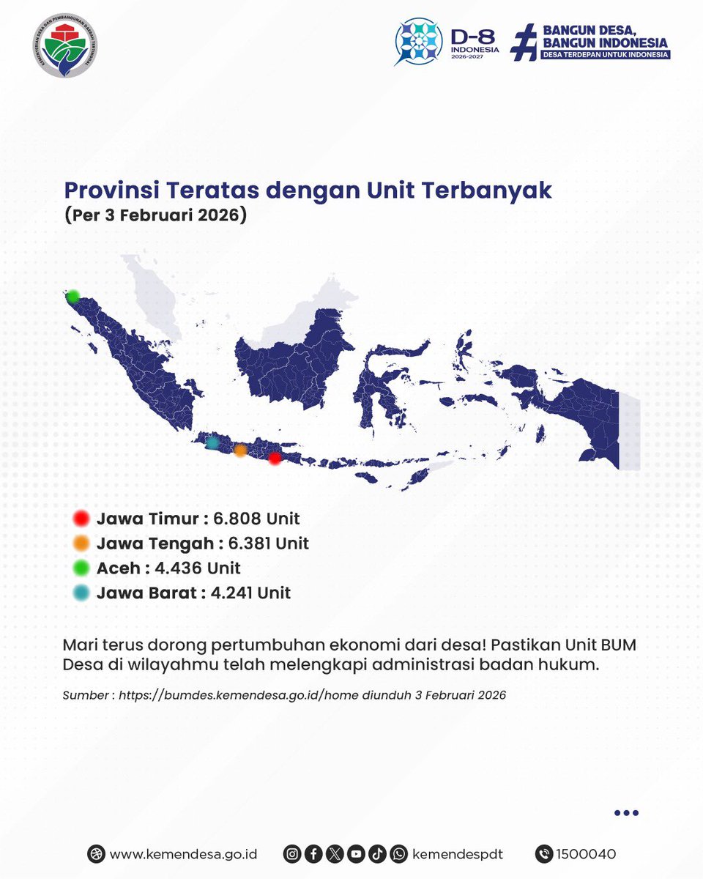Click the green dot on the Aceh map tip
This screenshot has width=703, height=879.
tap(72, 297)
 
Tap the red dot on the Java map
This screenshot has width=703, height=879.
tap(275, 459)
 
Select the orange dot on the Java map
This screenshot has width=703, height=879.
tap(240, 450)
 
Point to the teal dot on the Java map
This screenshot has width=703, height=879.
tap(212, 442)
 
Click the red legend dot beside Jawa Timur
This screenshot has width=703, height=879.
tap(81, 519)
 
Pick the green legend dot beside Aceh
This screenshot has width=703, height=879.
tap(81, 568)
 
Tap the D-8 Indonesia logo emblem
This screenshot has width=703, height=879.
tap(419, 41)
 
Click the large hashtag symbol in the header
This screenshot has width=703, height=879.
tap(524, 42)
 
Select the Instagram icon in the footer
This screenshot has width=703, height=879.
tap(292, 853)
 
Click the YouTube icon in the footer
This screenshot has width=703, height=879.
tap(356, 853)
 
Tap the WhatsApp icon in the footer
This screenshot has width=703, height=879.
tap(398, 853)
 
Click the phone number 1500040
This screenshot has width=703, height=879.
tap(586, 853)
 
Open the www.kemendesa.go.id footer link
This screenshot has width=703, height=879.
tap(183, 853)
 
